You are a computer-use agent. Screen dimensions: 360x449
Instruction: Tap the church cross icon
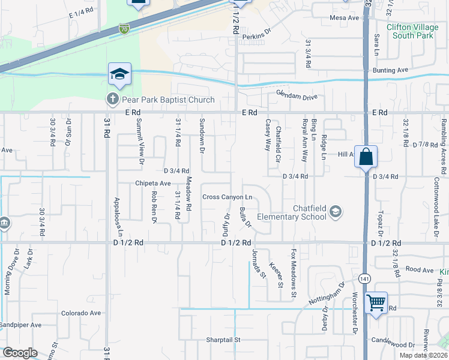coord(112,98)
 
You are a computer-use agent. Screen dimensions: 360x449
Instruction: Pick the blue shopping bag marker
coord(366,158)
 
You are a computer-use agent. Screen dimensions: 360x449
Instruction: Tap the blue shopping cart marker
coord(376,302)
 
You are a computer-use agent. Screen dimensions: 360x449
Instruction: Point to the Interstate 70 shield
coord(124,28)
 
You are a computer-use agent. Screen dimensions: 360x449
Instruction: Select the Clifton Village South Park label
coord(411,31)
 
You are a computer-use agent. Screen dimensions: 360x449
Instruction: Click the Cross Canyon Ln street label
coord(227,197)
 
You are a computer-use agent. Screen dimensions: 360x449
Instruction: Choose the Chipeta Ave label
coord(153,183)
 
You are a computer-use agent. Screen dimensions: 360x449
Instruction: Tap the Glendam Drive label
coord(296,95)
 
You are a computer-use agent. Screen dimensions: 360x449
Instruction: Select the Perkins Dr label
coord(258,37)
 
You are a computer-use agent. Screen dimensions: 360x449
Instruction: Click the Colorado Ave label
coord(81,313)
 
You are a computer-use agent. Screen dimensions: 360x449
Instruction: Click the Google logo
coord(20,353)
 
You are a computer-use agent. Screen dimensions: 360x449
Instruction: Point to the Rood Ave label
coord(419,270)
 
